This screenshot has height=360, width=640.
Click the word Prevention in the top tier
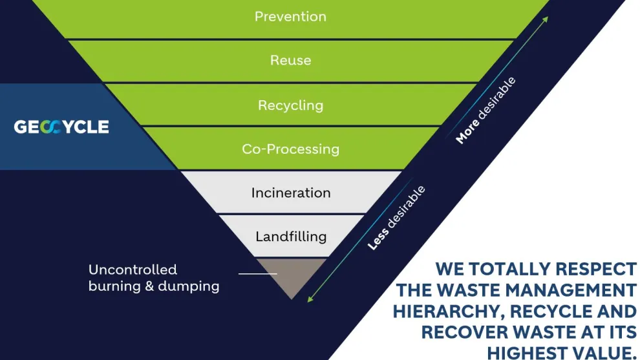pyautogui.click(x=290, y=16)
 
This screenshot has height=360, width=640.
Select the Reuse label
pyautogui.click(x=290, y=60)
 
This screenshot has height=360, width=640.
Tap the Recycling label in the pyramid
pyautogui.click(x=290, y=105)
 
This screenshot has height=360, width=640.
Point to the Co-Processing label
pyautogui.click(x=290, y=149)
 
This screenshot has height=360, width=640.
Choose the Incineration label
pyautogui.click(x=291, y=193)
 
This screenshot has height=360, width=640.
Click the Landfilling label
pyautogui.click(x=291, y=237)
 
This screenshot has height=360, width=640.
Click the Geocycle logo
pyautogui.click(x=61, y=127)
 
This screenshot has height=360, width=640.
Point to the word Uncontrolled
pyautogui.click(x=133, y=270)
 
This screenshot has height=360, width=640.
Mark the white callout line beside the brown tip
pyautogui.click(x=257, y=273)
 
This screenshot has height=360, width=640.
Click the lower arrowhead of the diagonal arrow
pyautogui.click(x=310, y=299)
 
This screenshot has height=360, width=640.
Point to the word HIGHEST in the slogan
pyautogui.click(x=525, y=353)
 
